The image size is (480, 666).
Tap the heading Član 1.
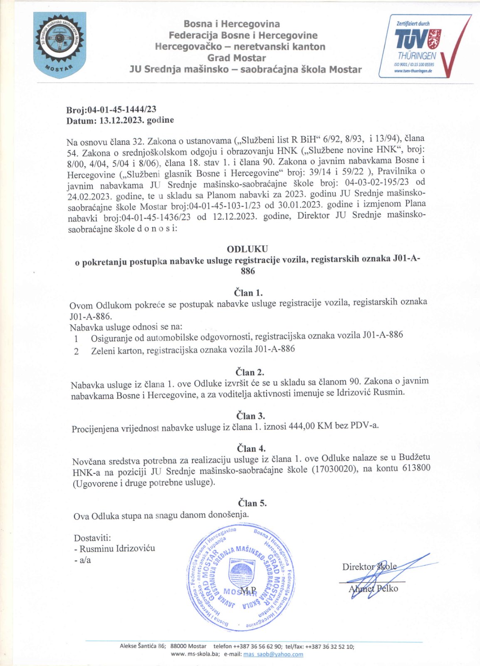click(x=248, y=292)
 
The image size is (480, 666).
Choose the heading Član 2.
click(x=250, y=372)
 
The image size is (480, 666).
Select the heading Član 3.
click(x=250, y=416)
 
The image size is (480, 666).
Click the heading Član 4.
click(x=251, y=449)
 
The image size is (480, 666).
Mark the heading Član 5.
click(x=252, y=503)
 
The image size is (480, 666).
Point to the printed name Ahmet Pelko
click(x=373, y=588)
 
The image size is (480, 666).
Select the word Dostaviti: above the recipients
click(x=92, y=538)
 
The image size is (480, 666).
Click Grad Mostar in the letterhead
click(x=236, y=58)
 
